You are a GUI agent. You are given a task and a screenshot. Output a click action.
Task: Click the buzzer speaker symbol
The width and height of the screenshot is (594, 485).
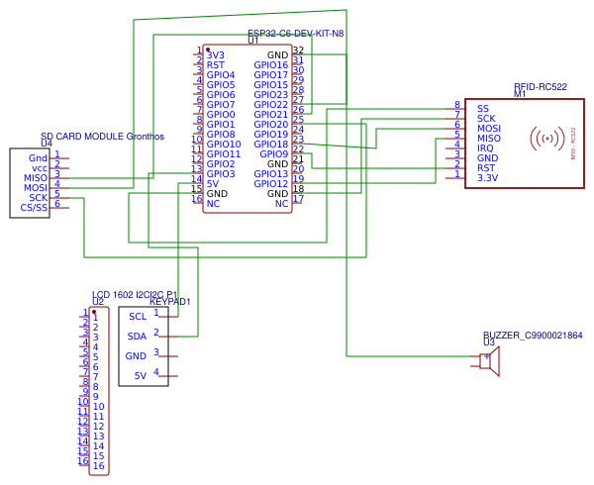click(x=489, y=363)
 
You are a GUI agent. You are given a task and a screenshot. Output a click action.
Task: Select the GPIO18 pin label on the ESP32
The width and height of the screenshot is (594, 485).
click(x=270, y=145)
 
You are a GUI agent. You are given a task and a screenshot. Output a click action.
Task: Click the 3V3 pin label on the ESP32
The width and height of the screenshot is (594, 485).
click(x=216, y=55)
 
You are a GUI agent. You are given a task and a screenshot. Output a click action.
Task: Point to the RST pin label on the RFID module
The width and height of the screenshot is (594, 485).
click(x=486, y=168)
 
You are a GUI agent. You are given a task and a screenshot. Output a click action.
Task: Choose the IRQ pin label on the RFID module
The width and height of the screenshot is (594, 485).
click(x=486, y=148)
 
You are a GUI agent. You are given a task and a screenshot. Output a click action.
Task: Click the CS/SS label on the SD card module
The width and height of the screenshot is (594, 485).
click(x=34, y=208)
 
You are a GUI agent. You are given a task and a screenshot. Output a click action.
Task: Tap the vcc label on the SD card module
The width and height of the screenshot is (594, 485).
click(x=40, y=168)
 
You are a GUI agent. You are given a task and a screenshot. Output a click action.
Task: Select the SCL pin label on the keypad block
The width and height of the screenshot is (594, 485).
click(x=138, y=317)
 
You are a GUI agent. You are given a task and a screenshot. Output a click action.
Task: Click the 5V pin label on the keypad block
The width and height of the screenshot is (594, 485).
click(x=140, y=375)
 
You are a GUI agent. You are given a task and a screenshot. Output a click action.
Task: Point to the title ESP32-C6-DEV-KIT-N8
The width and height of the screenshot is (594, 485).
click(x=295, y=33)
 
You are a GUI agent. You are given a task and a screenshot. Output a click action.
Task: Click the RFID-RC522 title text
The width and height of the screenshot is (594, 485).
click(x=540, y=87)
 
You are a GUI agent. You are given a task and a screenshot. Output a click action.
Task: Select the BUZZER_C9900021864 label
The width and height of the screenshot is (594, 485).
click(x=533, y=336)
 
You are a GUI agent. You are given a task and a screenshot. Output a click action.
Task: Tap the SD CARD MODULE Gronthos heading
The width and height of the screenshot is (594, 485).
click(x=102, y=136)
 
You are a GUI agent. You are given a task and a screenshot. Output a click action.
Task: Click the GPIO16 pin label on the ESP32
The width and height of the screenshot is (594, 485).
click(x=270, y=65)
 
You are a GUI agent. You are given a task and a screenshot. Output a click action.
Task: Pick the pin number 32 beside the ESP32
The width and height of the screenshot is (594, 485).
click(x=298, y=50)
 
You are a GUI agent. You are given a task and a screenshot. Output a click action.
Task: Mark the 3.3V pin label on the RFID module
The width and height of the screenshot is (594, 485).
click(x=487, y=178)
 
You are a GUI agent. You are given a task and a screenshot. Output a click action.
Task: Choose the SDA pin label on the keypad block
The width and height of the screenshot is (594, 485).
click(x=137, y=337)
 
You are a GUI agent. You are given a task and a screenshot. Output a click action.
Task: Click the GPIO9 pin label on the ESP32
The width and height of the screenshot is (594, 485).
click(x=273, y=154)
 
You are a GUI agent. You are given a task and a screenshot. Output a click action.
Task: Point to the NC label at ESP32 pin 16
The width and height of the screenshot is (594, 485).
click(x=213, y=204)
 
